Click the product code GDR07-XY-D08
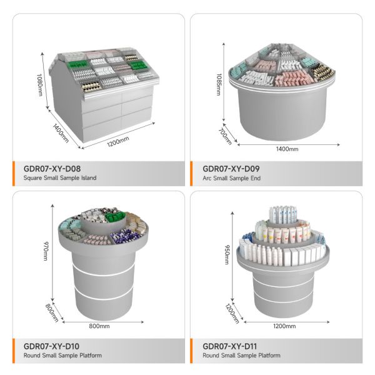pos(52,169)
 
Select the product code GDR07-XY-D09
pos(231,169)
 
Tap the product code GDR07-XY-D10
pos(51,346)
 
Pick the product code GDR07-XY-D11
pos(230,346)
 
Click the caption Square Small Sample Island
pos(60,178)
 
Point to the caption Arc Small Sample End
pos(231,178)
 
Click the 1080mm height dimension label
pos(40,84)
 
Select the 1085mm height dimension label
pos(219,84)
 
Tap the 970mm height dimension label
pos(46,251)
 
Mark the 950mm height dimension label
pos(227,254)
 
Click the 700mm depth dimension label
pos(225,136)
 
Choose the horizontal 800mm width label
pos(99,326)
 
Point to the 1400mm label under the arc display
pos(287,149)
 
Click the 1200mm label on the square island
pos(118,141)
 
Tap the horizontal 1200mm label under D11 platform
pos(284,326)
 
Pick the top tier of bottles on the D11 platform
pos(283,214)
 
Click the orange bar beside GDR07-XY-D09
pos(191,174)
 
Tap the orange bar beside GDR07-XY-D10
pos(14,351)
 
